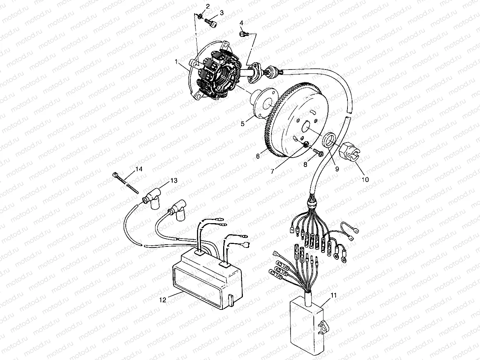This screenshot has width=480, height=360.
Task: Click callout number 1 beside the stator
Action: tap(177, 62)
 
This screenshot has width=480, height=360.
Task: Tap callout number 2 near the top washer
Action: tap(207, 6)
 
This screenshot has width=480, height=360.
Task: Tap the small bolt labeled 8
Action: tap(316, 153)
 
